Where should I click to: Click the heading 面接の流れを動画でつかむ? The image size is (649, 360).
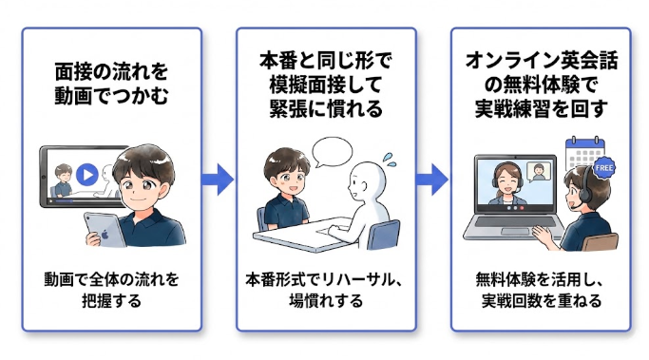tap(112, 83)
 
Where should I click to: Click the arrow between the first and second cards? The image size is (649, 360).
tap(220, 178)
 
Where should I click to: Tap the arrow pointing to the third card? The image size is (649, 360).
tap(434, 178)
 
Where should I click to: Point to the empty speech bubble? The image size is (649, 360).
tap(334, 152)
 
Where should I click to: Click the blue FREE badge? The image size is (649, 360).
tap(603, 168)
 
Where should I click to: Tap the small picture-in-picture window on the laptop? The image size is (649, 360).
tap(540, 171)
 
